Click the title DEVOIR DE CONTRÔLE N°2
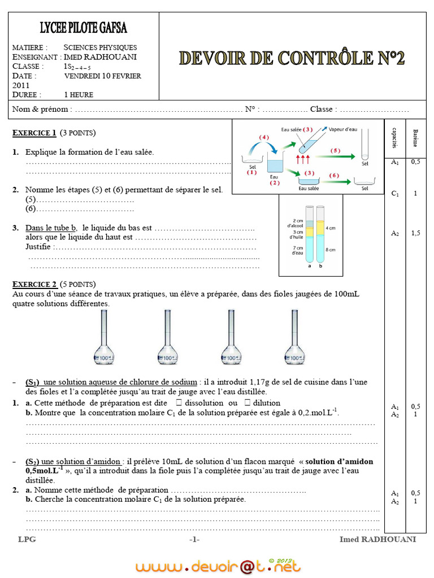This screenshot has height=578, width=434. tap(292, 58)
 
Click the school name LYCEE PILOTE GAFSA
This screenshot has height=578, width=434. tap(83, 27)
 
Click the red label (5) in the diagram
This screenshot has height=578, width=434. tap(335, 151)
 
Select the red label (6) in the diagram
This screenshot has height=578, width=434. tap(334, 176)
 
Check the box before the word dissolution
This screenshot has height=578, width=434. tap(179, 403)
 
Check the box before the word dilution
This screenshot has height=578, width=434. tap(248, 403)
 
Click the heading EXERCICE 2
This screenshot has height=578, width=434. tap(34, 284)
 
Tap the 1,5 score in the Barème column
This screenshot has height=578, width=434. tap(415, 233)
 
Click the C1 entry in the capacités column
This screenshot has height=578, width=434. tap(395, 194)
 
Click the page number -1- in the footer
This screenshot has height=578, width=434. tap(194, 540)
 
